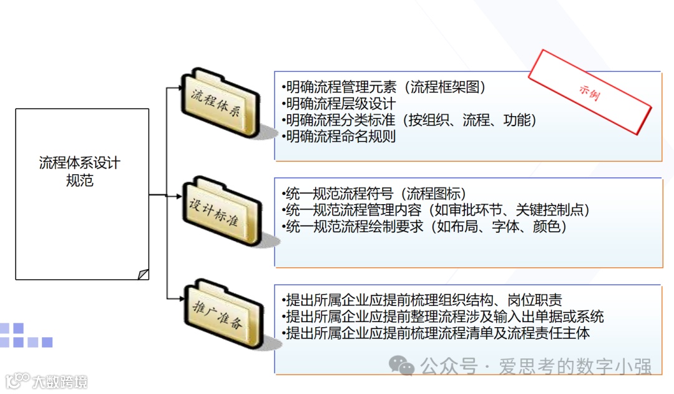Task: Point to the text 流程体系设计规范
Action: click(x=79, y=172)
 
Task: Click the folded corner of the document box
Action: click(x=143, y=273)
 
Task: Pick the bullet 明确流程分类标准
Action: click(x=340, y=120)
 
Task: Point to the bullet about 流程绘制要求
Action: click(x=424, y=227)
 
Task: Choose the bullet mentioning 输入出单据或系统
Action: click(x=443, y=317)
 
